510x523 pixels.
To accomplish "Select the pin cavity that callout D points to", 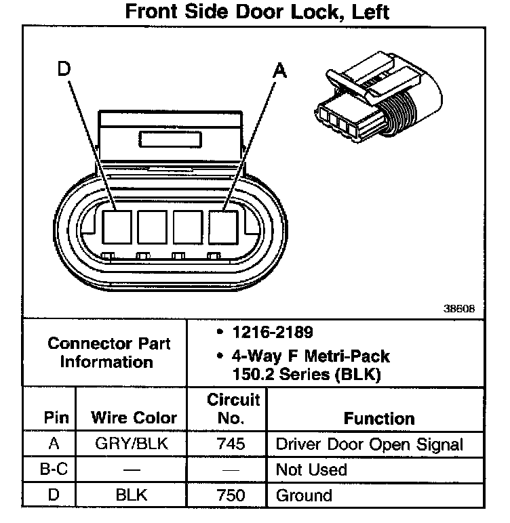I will [115, 227].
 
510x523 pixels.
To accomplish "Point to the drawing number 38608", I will [459, 308].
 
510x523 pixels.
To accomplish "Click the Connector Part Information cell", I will [109, 352].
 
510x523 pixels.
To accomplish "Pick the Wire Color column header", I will [134, 418].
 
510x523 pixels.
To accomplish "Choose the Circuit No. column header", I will [233, 409].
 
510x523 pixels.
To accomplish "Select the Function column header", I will [379, 418].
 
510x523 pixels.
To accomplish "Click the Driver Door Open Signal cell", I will [369, 445].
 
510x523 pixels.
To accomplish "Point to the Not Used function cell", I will [311, 470].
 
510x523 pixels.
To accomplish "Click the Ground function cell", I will [304, 495].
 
